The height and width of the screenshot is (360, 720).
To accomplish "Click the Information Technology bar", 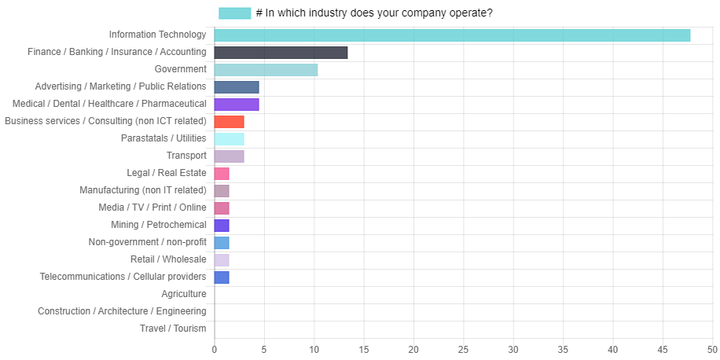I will tap(452, 35).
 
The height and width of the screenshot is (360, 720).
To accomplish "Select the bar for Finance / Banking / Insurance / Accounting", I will tap(281, 53).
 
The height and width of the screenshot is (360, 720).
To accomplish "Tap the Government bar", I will tap(266, 70).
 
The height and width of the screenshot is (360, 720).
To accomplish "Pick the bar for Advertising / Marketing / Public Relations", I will tap(237, 87).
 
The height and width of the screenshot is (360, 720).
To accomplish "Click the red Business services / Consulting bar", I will tap(229, 122).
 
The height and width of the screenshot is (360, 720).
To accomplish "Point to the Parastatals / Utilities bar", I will tap(229, 139).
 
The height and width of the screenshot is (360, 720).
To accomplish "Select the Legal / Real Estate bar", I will tap(222, 174).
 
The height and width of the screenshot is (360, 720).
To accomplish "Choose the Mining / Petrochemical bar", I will tap(222, 226).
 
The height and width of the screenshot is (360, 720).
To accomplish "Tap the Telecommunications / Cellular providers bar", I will tap(222, 277).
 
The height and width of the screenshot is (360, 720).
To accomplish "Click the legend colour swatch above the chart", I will tap(235, 13).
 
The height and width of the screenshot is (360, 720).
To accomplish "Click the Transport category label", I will tap(186, 156).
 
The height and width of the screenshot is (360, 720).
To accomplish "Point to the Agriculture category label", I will tap(184, 294).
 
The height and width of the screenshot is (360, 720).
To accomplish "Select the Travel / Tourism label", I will tap(173, 329).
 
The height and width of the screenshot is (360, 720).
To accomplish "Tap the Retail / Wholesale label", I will tap(168, 259).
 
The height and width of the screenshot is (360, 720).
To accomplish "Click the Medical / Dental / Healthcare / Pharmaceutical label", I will tap(110, 104).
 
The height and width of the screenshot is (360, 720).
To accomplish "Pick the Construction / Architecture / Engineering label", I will tap(122, 311).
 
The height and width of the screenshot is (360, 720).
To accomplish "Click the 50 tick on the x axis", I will tap(712, 350).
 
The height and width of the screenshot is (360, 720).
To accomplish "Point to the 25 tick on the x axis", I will tap(463, 350).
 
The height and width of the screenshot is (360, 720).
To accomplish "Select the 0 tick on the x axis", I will tap(214, 350).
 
